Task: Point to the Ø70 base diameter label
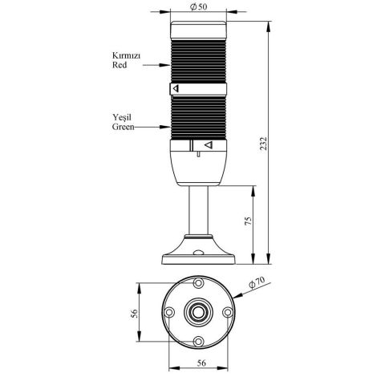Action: point(257,282)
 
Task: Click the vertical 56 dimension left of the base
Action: point(134,314)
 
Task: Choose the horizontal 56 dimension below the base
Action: point(197,363)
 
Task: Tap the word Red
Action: point(120,67)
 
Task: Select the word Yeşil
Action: point(122,116)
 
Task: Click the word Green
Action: point(123,126)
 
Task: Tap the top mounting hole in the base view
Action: point(197,285)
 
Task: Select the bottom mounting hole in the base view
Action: point(197,343)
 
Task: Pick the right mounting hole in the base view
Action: point(226,314)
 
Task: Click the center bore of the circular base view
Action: point(197,314)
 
